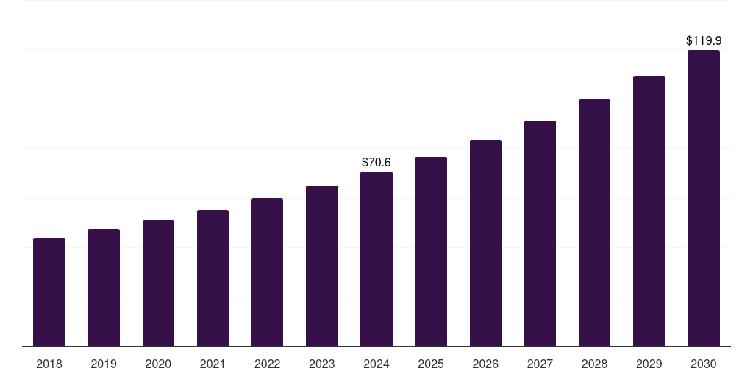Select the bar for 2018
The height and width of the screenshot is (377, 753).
(x=49, y=292)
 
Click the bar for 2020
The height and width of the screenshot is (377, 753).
(x=158, y=283)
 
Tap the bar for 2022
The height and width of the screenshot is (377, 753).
(x=267, y=272)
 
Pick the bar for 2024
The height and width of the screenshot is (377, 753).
(x=376, y=259)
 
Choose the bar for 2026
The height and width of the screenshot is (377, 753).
(x=485, y=243)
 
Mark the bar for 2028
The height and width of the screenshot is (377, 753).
(x=594, y=223)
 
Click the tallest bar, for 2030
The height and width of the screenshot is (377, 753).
(x=704, y=198)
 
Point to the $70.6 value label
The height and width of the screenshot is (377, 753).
(x=376, y=162)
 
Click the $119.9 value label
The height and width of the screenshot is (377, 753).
(x=704, y=41)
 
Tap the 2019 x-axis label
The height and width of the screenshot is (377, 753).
(x=104, y=364)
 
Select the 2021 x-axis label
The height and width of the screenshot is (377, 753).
(x=213, y=364)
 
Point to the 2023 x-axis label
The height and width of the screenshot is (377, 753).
(x=321, y=364)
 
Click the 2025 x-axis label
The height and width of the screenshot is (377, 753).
(x=431, y=364)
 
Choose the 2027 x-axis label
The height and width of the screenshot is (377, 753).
(x=540, y=364)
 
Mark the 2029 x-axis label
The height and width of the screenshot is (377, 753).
(x=649, y=364)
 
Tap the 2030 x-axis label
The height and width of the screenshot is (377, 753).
(x=704, y=364)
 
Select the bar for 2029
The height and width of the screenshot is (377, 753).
(x=649, y=211)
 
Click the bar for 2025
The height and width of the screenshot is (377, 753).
(x=431, y=252)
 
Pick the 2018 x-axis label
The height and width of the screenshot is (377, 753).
(x=49, y=364)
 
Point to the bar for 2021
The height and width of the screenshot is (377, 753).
(x=213, y=278)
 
